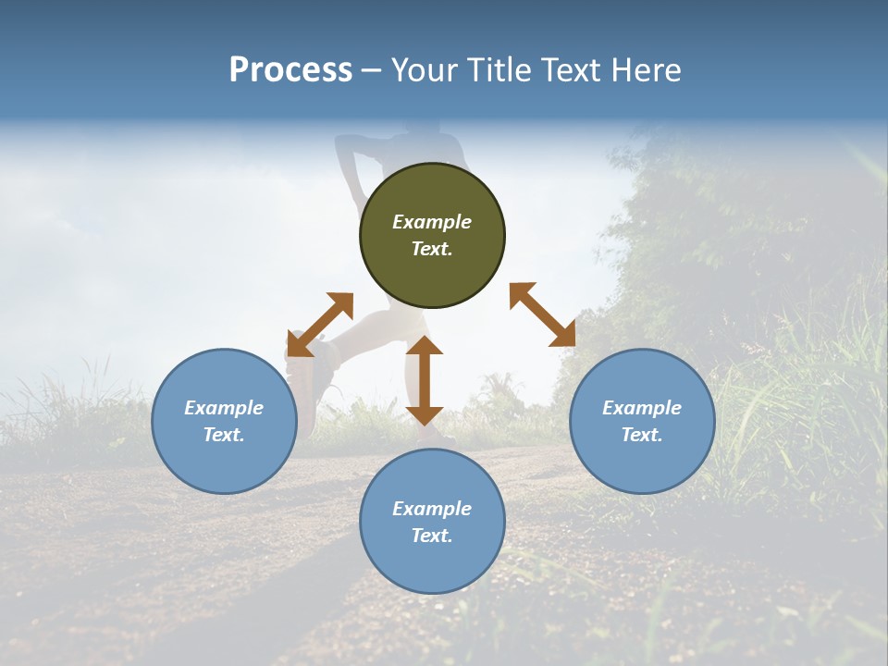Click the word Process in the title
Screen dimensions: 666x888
tap(290, 70)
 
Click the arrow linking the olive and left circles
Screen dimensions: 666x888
tap(320, 325)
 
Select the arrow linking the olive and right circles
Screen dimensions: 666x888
tap(543, 314)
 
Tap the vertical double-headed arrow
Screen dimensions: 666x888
tap(425, 380)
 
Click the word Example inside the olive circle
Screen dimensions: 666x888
tap(432, 222)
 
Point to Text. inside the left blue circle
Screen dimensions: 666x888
tap(224, 435)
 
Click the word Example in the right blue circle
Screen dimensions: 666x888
tap(642, 408)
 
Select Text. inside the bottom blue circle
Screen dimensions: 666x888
tap(432, 536)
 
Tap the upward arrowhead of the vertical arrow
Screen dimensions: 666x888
tap(425, 346)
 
